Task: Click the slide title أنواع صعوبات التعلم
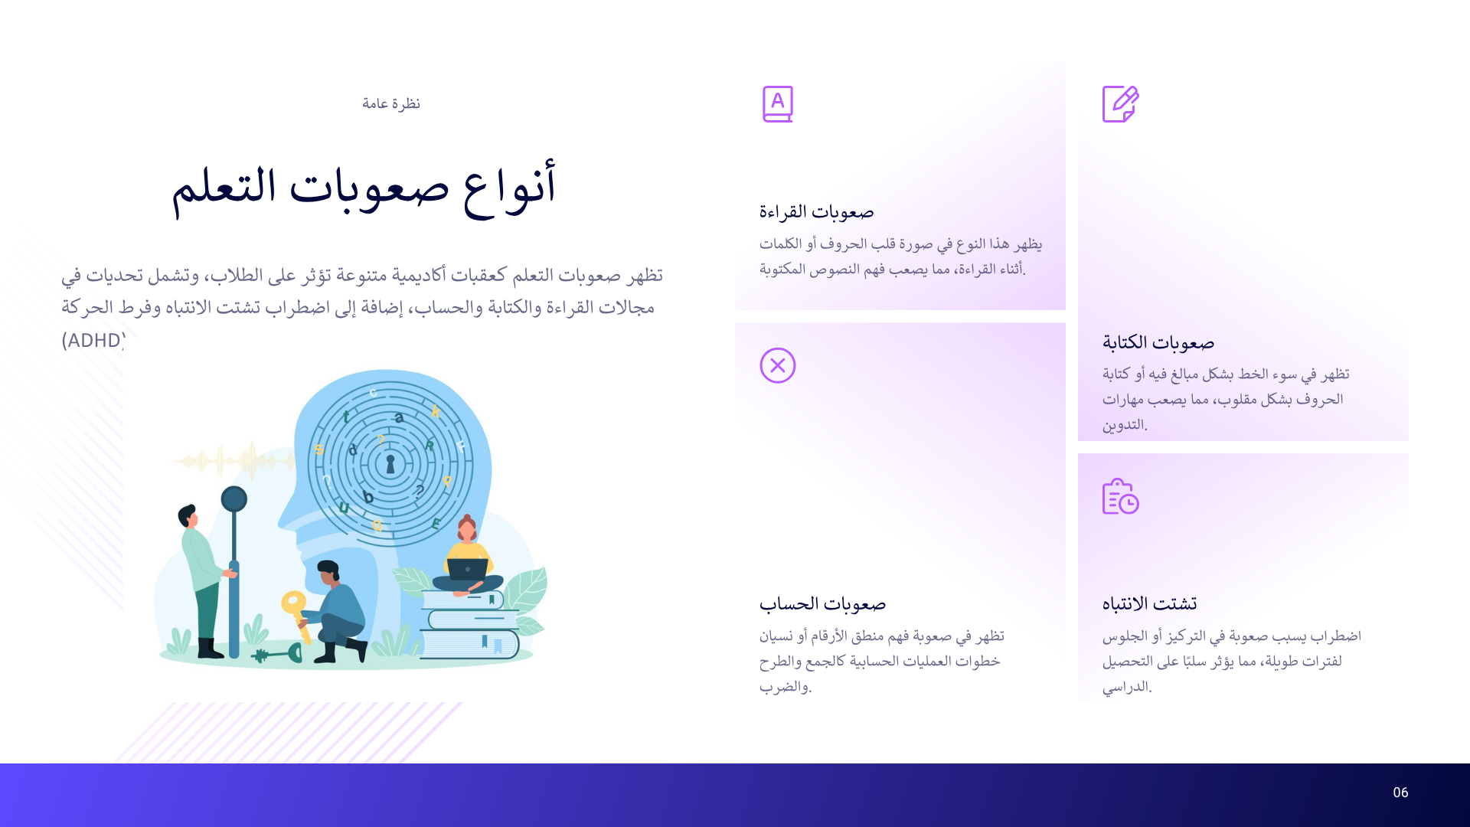[364, 188]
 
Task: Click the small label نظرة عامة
[391, 103]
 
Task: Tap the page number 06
[1400, 793]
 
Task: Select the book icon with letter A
[777, 104]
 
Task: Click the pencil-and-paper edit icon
[1120, 104]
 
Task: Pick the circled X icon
[777, 365]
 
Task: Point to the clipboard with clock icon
[1120, 496]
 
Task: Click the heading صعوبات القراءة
[816, 211]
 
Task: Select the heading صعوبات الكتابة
[1158, 342]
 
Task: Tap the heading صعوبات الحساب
[822, 603]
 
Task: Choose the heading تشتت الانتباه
[1149, 603]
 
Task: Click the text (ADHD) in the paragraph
[93, 340]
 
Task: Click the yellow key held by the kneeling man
[295, 609]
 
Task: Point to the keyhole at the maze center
[390, 464]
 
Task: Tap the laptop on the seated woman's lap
[467, 570]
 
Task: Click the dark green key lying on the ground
[277, 655]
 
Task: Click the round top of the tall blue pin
[234, 499]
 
